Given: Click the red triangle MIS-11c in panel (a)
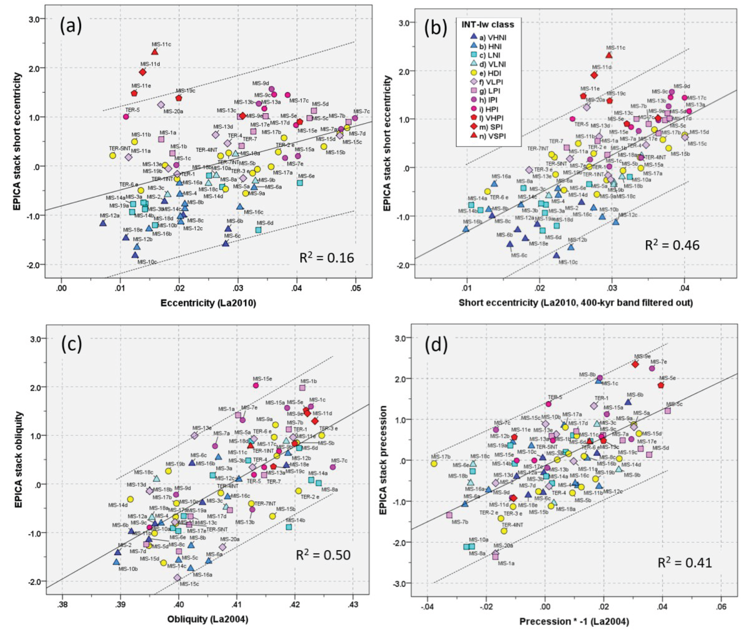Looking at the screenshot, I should pos(155,52).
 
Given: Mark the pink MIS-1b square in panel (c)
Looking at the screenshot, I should pos(302,387).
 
